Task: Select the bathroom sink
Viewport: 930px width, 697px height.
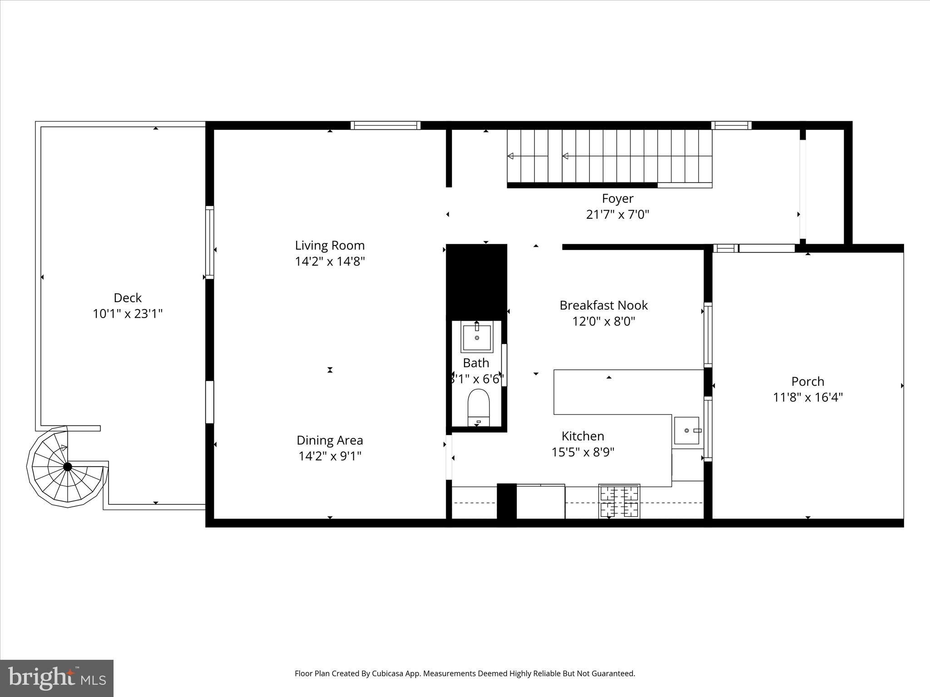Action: coord(476,338)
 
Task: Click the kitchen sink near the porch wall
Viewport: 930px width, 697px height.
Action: coord(687,431)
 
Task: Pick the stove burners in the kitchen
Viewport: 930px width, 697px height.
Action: coord(619,501)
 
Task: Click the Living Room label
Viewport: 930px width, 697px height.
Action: coord(330,245)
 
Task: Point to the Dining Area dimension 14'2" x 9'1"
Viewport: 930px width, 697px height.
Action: coord(330,456)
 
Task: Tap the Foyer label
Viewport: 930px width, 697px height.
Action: coord(618,198)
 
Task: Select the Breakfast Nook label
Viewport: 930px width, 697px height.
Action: coord(604,305)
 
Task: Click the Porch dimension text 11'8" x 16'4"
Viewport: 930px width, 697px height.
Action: coord(808,398)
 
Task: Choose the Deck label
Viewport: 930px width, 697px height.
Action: coord(128,298)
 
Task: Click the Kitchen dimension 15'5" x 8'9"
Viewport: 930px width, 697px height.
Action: coord(583,452)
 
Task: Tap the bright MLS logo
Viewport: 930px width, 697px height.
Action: coord(57,678)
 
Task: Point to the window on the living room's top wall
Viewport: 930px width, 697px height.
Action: coord(385,125)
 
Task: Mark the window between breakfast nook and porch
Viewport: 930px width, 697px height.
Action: coord(707,334)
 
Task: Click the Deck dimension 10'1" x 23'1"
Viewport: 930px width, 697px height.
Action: coord(128,314)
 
